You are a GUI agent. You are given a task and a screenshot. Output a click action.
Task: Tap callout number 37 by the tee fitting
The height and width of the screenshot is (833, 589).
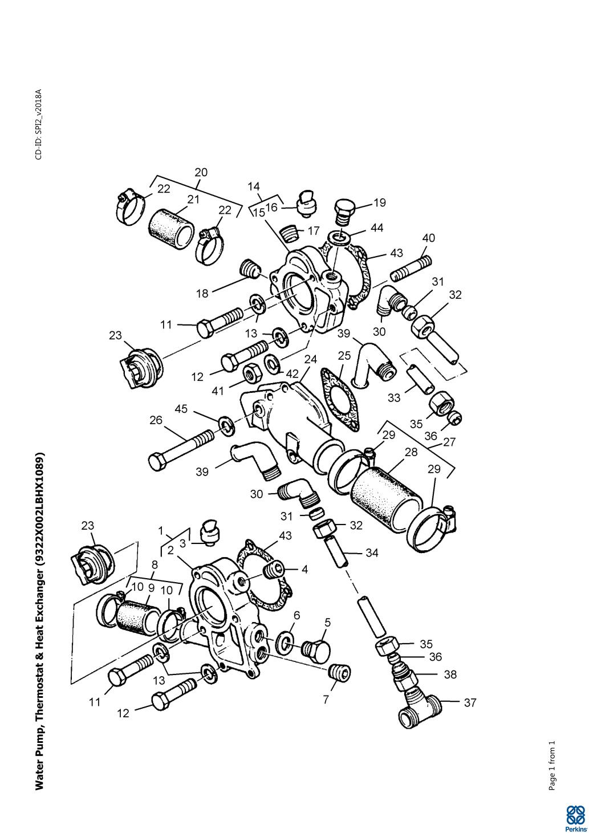point(470,702)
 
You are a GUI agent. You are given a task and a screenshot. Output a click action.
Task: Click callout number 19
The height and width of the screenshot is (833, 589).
point(380,202)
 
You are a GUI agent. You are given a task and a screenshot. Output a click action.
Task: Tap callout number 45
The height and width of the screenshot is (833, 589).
point(181,409)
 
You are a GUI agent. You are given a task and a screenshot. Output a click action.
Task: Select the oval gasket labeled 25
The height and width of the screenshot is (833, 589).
point(340,400)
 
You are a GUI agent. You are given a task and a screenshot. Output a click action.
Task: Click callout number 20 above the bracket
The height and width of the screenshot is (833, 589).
point(201,173)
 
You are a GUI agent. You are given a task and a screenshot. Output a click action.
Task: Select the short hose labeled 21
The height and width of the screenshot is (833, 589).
point(171,230)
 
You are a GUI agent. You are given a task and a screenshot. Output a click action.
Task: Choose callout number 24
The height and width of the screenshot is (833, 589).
point(311,359)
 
